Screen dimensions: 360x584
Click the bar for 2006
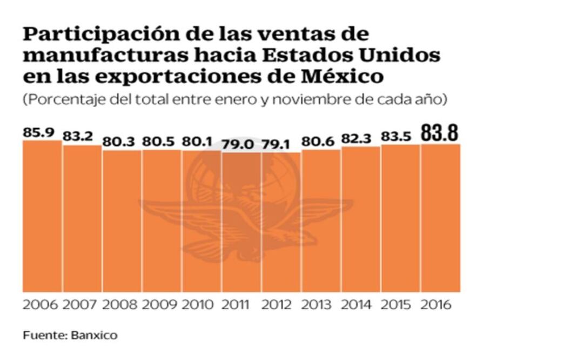42,216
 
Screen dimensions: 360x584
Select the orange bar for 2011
241,222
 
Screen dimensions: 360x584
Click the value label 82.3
358,138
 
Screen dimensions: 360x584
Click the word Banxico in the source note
94,336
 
